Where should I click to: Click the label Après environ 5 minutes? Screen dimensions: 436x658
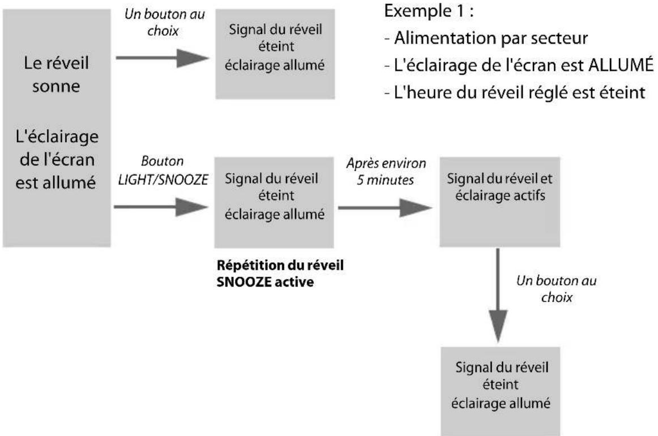[x=387, y=170]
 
